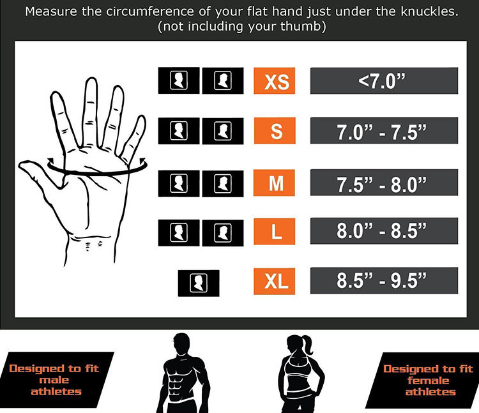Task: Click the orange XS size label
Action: [276, 81]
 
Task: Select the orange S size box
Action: [276, 131]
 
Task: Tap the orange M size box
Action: [276, 182]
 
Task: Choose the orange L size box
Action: [276, 231]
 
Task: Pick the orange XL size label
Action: [276, 281]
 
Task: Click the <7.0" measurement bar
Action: [384, 81]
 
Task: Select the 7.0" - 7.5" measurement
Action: [384, 131]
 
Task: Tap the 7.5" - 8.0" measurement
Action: [384, 182]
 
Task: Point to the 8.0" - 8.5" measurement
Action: [384, 231]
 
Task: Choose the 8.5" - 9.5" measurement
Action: [384, 281]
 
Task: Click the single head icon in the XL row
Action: [198, 282]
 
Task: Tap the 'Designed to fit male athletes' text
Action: [54, 380]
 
